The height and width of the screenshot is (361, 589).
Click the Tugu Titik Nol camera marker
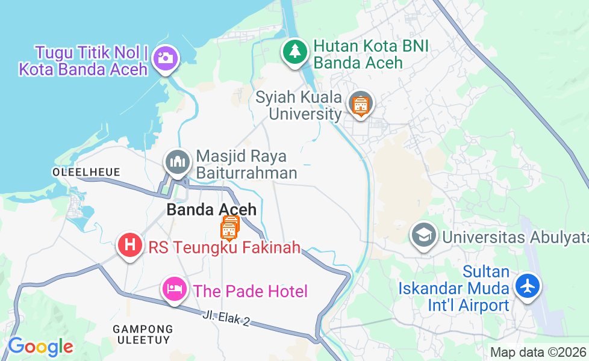[164, 58]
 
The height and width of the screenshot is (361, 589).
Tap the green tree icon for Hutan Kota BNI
[294, 51]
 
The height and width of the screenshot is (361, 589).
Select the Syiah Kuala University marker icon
[360, 105]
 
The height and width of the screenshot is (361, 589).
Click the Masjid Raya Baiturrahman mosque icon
[177, 162]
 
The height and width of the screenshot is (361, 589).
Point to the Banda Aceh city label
[211, 210]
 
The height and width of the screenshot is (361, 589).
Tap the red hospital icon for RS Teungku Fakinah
[129, 245]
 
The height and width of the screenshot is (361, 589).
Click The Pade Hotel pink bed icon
[174, 289]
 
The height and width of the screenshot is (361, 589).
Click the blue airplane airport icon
[528, 285]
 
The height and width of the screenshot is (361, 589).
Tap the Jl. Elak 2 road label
[226, 318]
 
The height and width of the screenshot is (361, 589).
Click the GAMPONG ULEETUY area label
[143, 335]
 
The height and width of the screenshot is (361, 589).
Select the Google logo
[40, 347]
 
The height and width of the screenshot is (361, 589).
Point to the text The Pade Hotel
[250, 292]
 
